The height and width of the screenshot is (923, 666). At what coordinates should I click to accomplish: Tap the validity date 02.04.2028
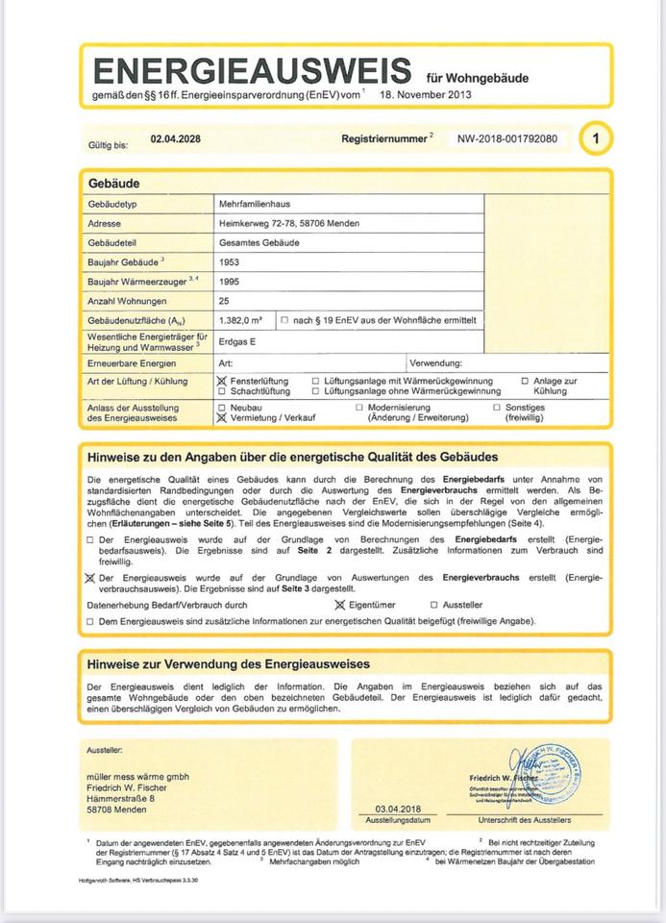point(175,139)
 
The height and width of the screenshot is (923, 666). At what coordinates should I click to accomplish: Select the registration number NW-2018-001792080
point(506,139)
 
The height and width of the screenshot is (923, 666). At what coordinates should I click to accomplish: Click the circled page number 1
point(596,139)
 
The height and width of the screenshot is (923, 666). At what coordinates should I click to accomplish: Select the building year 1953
point(230,262)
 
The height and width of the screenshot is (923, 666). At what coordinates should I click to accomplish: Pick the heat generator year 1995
point(230,283)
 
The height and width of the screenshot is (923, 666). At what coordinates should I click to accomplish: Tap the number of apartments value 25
point(225,302)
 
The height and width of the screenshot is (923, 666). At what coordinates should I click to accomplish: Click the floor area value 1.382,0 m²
point(241,320)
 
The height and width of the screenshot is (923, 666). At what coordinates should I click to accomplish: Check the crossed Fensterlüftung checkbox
point(223,382)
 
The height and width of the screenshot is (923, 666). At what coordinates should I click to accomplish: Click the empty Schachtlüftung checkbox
point(223,392)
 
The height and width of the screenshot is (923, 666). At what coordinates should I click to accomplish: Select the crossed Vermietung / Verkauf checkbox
point(223,418)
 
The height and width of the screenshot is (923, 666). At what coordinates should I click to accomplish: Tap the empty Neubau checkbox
point(223,408)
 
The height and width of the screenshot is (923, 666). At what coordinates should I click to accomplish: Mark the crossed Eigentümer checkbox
point(339,605)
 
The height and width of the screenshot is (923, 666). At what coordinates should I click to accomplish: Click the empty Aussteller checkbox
point(434,605)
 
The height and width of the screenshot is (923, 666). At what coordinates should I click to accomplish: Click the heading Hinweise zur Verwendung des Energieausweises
point(229,664)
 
